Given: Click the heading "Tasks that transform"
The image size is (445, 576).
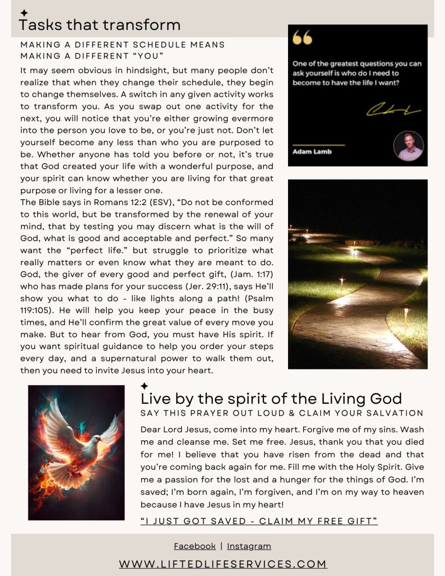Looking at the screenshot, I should click(x=100, y=25).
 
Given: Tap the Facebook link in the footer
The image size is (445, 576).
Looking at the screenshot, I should click(x=195, y=546).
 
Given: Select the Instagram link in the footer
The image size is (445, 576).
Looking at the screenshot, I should click(x=249, y=546).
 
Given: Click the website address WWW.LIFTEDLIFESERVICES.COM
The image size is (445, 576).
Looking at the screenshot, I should click(x=223, y=564).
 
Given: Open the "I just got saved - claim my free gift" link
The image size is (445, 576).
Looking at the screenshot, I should click(x=259, y=521).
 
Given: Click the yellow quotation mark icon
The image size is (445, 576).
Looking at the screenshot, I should click(x=303, y=38).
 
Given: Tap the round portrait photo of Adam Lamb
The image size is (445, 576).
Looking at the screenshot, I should click(x=408, y=146).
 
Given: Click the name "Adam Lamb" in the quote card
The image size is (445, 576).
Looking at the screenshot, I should click(x=312, y=151).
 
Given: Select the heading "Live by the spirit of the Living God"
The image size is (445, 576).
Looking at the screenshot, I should click(x=271, y=399).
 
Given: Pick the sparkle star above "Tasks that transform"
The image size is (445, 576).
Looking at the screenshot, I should click(x=24, y=12).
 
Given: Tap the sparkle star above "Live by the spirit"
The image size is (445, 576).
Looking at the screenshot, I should click(x=145, y=386).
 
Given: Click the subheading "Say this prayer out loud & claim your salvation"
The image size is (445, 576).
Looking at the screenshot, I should click(x=282, y=413).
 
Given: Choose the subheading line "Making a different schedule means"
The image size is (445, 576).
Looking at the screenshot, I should click(x=123, y=45).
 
